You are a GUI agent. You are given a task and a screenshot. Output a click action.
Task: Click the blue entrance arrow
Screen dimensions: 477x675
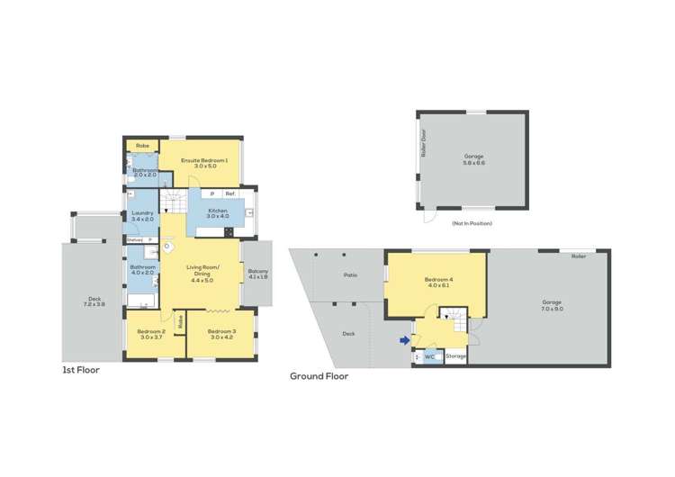point(404,339)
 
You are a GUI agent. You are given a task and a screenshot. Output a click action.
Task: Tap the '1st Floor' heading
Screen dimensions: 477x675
point(80,370)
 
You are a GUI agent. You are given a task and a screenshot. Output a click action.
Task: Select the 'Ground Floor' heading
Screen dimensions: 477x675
point(319,376)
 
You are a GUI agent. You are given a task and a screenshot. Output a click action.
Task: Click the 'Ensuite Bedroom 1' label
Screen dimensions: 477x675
point(203,160)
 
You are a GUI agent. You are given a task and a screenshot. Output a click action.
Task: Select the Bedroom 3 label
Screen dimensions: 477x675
point(221,331)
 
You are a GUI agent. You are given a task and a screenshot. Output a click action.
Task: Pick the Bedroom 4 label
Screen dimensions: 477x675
point(439,280)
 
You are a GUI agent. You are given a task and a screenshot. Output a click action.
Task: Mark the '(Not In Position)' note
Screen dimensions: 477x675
point(474,222)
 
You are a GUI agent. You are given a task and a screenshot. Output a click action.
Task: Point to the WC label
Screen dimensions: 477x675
point(429,356)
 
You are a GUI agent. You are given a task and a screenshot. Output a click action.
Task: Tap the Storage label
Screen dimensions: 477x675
point(456,356)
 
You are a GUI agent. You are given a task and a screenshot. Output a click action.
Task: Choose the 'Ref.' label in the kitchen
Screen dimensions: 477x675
point(230,193)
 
